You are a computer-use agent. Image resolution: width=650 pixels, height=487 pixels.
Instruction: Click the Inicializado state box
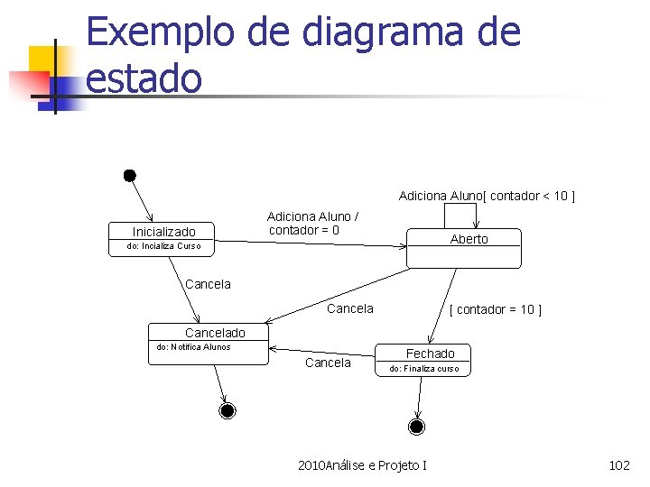pos(163,237)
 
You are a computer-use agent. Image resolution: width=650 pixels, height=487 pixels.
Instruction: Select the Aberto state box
pos(463,248)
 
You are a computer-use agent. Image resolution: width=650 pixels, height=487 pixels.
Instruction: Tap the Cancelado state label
pos(215,333)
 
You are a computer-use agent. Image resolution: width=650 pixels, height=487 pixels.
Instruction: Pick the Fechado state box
pos(423,361)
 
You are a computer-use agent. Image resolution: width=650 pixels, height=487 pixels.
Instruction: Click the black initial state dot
pos(130,174)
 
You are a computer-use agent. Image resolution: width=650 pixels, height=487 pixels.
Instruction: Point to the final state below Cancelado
pos(227,411)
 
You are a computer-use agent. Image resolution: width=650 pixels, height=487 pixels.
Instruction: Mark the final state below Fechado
pos(416,425)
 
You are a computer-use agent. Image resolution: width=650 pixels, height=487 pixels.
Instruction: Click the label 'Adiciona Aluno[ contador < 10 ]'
pos(487,196)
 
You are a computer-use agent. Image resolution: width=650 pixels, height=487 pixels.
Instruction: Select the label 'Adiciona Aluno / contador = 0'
pos(312,223)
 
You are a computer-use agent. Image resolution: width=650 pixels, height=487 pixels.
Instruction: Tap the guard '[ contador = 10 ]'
pos(496,309)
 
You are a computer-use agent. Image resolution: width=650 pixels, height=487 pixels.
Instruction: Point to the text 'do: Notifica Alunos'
pos(193,347)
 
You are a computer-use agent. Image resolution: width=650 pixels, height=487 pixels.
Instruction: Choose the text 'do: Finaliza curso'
pos(423,369)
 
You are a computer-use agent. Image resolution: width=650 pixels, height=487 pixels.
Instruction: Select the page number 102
pos(619,465)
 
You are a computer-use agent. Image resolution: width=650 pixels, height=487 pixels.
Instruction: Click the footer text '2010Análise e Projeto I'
pos(362,465)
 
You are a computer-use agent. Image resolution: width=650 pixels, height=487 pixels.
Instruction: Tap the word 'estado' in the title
pos(144,78)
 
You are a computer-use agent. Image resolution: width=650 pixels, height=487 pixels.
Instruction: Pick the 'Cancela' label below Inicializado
pos(208,284)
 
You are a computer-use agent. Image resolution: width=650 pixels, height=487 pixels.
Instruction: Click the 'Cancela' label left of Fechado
pos(328,363)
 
